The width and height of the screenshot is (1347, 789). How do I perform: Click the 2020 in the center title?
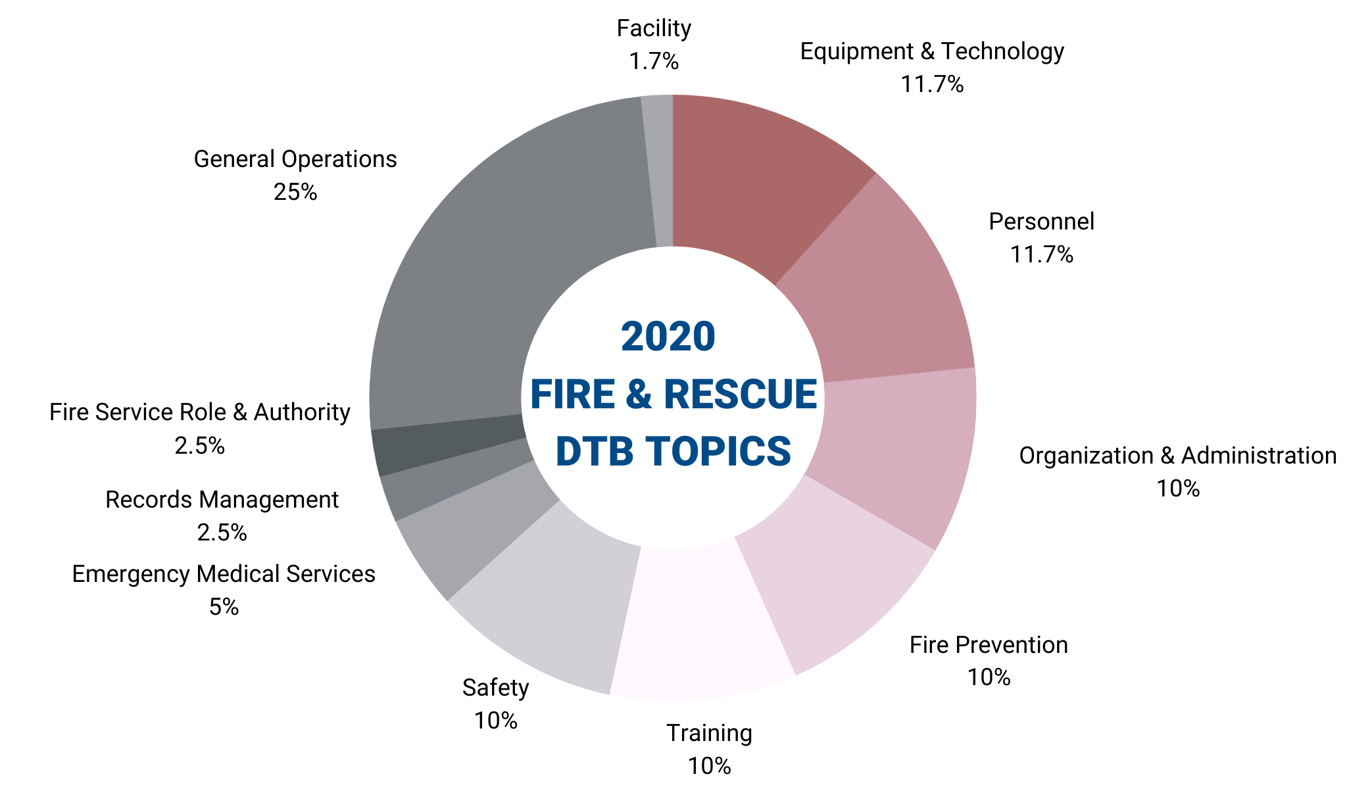coord(668,337)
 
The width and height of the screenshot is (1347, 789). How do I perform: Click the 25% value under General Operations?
coord(295,192)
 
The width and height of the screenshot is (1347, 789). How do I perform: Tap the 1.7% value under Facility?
coord(654,62)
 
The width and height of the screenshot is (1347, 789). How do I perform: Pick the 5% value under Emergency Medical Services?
coord(224,607)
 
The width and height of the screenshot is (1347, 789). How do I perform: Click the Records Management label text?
coord(222,500)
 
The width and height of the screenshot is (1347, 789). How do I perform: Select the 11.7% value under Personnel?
coord(1042,254)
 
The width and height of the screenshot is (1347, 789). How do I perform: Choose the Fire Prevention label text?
coord(989,645)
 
